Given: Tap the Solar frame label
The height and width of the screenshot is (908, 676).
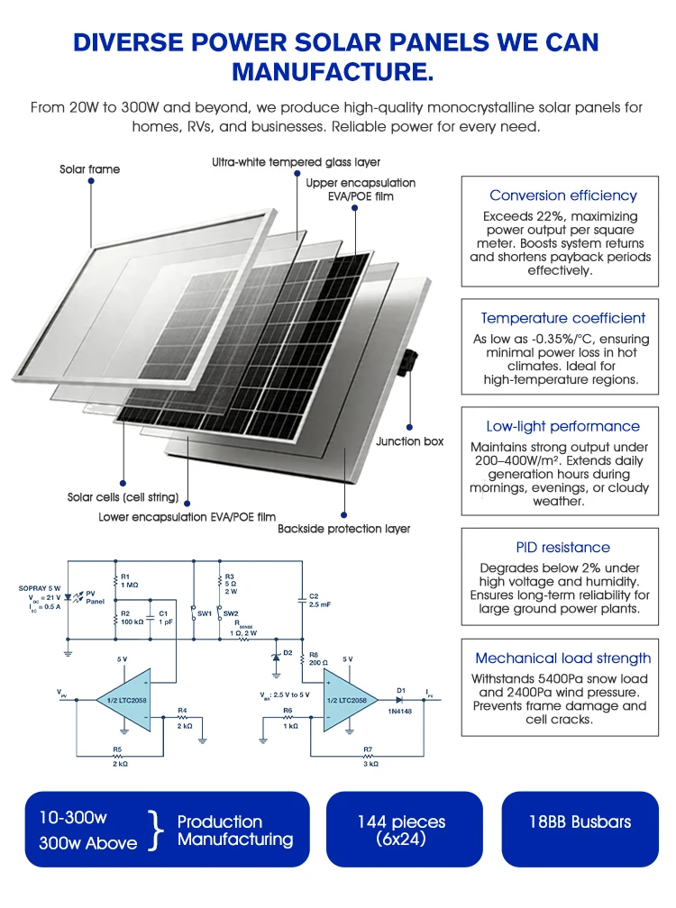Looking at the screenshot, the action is click(x=90, y=169).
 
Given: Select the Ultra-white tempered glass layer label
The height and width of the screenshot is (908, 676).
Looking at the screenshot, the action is click(x=296, y=162).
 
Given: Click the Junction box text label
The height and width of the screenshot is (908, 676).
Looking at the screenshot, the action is click(x=409, y=441).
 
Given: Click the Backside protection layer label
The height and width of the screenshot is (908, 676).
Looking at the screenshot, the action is click(x=343, y=529).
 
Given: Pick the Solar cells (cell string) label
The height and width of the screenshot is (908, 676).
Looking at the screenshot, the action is click(x=123, y=497).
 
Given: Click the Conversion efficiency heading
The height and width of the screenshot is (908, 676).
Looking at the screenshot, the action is click(x=563, y=195).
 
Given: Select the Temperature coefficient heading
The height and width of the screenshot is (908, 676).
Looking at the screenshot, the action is click(x=563, y=318).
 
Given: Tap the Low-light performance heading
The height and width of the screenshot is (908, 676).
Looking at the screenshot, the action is click(x=563, y=426).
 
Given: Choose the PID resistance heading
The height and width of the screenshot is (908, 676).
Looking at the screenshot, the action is click(x=563, y=548).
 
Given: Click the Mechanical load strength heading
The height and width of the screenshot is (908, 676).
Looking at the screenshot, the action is click(x=563, y=658).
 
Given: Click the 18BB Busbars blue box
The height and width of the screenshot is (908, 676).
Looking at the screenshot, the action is click(x=580, y=829).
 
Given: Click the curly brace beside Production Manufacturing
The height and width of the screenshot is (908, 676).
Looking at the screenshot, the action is click(x=154, y=830).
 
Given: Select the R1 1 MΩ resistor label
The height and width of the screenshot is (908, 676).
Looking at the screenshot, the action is click(x=129, y=581).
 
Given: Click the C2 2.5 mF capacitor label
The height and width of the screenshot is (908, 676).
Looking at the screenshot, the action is click(x=320, y=600).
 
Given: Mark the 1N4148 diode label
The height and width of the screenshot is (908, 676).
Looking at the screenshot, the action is click(x=399, y=711).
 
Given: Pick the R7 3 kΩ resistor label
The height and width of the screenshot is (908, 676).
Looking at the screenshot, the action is click(x=370, y=757).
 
